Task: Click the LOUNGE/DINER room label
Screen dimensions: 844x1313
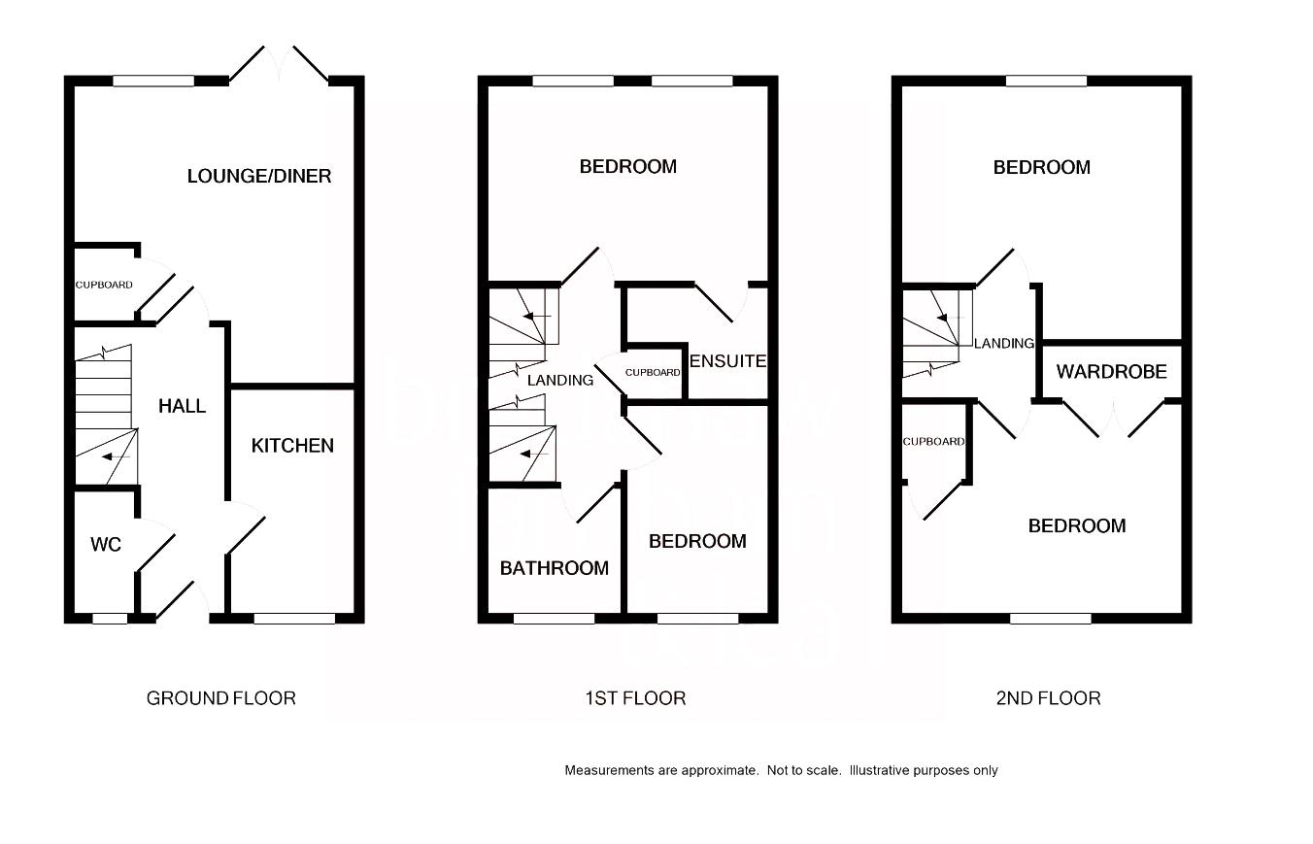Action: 259,176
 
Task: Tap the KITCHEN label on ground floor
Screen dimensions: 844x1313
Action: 292,446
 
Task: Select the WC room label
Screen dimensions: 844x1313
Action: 106,545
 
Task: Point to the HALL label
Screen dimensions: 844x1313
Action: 183,406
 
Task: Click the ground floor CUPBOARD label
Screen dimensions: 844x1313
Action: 104,286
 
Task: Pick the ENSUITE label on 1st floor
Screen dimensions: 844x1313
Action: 727,361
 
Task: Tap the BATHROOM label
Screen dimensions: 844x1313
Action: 554,568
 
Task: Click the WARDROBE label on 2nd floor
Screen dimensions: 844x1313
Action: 1111,372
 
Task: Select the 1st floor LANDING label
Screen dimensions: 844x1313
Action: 560,381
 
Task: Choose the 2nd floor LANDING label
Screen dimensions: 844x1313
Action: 1004,344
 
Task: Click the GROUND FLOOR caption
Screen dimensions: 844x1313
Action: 220,698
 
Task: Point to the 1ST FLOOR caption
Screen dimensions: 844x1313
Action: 635,698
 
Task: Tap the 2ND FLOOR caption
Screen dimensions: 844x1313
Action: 1048,698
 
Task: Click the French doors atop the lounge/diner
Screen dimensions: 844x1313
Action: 280,64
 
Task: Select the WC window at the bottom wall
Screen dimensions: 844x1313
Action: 110,618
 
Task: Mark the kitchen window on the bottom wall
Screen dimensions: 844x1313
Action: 294,618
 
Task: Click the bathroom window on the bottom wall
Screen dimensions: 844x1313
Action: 554,618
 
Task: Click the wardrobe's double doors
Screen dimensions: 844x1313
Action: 1112,419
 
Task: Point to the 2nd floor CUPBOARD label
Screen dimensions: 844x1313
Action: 933,442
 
